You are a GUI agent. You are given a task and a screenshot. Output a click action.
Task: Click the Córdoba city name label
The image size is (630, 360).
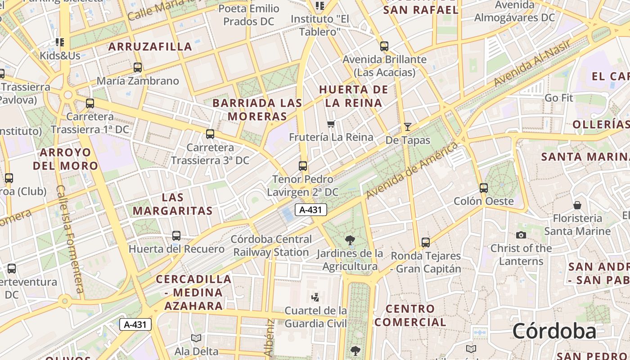pyautogui.click(x=554, y=332)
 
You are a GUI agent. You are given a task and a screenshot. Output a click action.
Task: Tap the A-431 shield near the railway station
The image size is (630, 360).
pyautogui.click(x=310, y=209)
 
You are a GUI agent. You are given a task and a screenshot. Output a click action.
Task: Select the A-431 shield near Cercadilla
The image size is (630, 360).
pyautogui.click(x=135, y=324)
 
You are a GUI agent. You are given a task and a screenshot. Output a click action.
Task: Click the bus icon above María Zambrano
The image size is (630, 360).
pyautogui.click(x=138, y=67)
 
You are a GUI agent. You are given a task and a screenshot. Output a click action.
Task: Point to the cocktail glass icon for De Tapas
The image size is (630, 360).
pyautogui.click(x=408, y=127)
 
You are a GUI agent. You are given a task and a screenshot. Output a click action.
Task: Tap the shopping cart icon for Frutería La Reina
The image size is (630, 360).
pyautogui.click(x=331, y=124)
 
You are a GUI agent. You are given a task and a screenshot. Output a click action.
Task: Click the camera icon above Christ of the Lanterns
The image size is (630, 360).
pyautogui.click(x=521, y=235)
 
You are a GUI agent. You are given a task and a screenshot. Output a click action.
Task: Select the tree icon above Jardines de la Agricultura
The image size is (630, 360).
pyautogui.click(x=350, y=240)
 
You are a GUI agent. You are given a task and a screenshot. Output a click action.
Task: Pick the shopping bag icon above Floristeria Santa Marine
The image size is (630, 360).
pyautogui.click(x=577, y=205)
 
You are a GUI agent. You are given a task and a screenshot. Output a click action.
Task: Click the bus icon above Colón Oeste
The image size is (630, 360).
pyautogui.click(x=484, y=188)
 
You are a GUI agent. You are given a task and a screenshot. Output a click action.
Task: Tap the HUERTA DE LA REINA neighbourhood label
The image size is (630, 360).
pyautogui.click(x=353, y=96)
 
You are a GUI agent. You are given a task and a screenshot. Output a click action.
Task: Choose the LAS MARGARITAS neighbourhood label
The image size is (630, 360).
pyautogui.click(x=172, y=204)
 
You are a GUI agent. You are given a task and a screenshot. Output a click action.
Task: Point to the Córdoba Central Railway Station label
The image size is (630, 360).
pyautogui.click(x=271, y=246)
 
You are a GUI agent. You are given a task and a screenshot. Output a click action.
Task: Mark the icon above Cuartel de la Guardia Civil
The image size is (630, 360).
pyautogui.click(x=315, y=297)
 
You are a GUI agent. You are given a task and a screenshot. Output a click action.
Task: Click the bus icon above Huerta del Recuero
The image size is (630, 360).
pyautogui.click(x=176, y=235)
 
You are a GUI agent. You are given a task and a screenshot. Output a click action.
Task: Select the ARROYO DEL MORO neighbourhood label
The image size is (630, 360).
pyautogui.click(x=65, y=159)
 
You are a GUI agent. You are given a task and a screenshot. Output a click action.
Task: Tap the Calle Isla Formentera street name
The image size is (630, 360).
pyautogui.click(x=70, y=238)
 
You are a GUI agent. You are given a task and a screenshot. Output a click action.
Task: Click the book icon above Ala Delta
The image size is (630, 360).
pyautogui.click(x=196, y=338)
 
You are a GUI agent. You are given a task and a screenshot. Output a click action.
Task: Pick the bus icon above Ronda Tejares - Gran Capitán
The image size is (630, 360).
pyautogui.click(x=426, y=243)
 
